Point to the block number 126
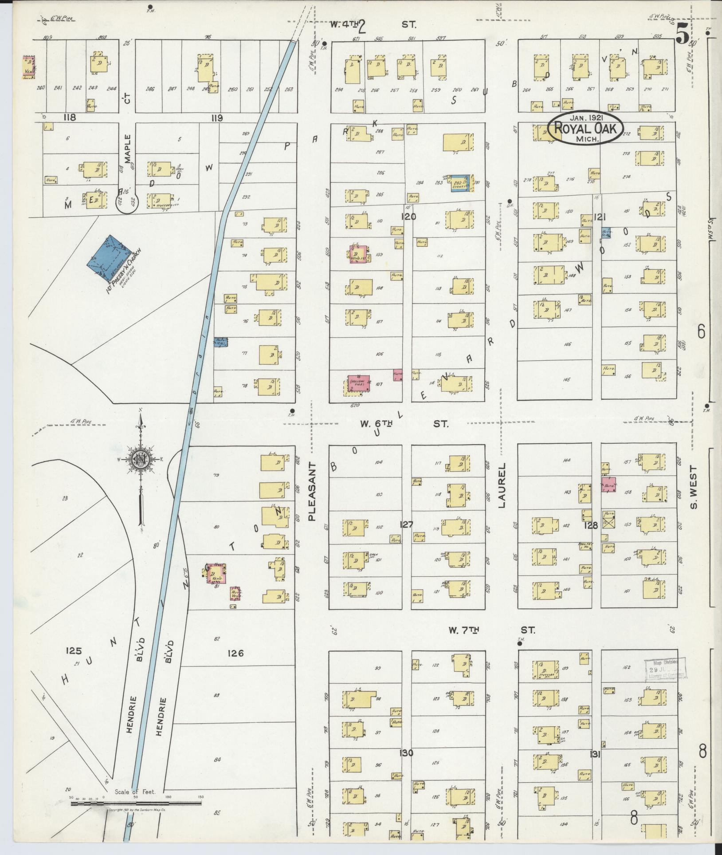[x=235, y=653]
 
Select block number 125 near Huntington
[x=74, y=651]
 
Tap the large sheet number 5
[x=683, y=34]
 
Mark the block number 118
[x=70, y=118]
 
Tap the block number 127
[x=406, y=524]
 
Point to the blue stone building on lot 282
[x=460, y=183]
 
